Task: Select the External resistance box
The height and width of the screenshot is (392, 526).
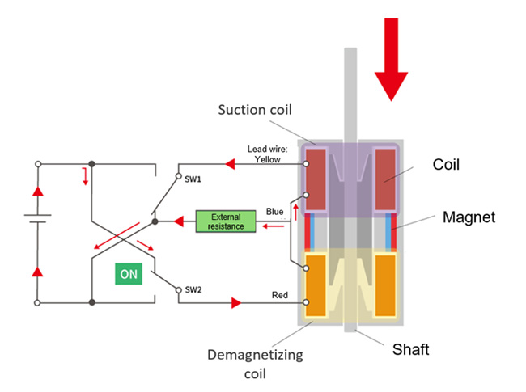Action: (x=226, y=221)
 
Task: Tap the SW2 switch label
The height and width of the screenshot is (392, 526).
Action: (x=193, y=289)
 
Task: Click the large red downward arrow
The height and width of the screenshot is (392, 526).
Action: (x=392, y=61)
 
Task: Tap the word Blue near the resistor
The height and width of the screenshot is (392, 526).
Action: (x=275, y=212)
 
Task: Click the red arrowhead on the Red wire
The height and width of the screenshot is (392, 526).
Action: (x=235, y=302)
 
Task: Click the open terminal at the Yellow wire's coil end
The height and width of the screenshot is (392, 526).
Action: (x=306, y=164)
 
